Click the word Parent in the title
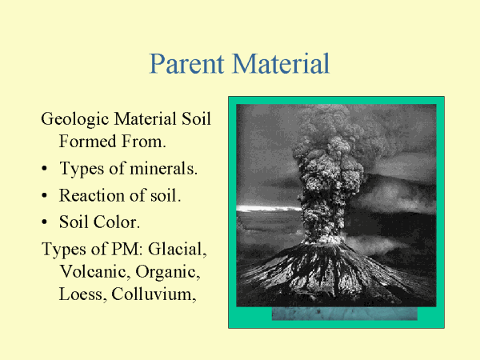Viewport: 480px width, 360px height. click(x=186, y=64)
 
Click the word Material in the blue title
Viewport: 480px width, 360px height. click(x=281, y=63)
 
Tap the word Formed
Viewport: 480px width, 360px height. click(x=87, y=141)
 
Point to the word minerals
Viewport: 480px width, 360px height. click(x=164, y=168)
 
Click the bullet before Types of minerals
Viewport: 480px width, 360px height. click(x=45, y=169)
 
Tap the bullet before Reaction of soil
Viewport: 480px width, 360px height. click(x=45, y=196)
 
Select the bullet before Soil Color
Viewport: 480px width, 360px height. click(x=45, y=222)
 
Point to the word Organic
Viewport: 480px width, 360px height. click(x=168, y=272)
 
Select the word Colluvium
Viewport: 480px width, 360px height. click(x=154, y=294)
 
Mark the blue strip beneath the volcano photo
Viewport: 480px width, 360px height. click(x=344, y=314)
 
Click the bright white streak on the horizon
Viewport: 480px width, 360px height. click(x=270, y=209)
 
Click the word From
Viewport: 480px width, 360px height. click(x=143, y=142)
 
